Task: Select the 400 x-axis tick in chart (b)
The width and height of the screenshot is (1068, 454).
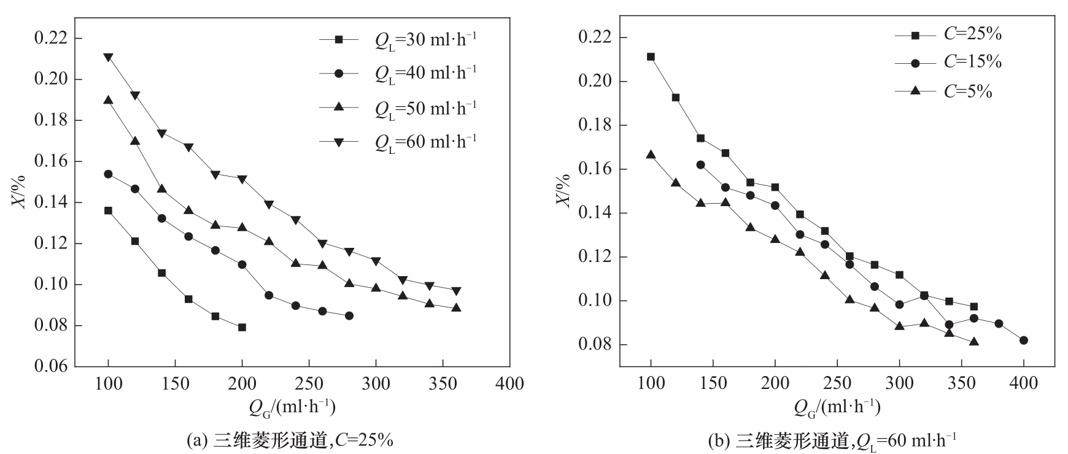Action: coord(1023,384)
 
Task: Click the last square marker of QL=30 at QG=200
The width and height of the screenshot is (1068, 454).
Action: coord(242,327)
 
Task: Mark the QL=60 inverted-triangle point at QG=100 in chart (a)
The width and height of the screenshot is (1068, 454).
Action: coord(108,57)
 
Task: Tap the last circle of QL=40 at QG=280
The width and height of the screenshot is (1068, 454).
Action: coord(349,315)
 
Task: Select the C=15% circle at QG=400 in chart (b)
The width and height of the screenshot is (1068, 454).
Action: coord(1023,340)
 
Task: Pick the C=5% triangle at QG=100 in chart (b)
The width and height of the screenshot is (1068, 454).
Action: coord(651,155)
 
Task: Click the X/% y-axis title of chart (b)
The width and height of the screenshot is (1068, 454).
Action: coord(563,190)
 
